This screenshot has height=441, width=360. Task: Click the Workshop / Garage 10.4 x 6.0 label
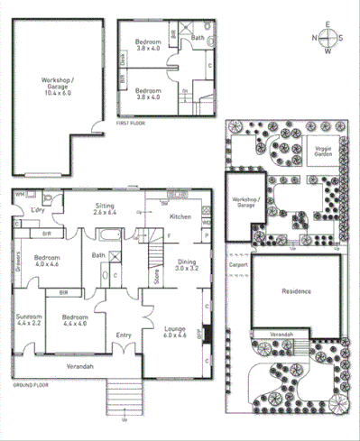[58, 86]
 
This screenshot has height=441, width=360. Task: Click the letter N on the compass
[315, 38]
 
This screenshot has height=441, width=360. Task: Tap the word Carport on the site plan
[238, 265]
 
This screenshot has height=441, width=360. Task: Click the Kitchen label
[180, 216]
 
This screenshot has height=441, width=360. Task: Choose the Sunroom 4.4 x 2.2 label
[27, 320]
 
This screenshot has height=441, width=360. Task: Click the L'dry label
[38, 210]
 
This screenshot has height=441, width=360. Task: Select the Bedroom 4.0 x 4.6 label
[46, 261]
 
